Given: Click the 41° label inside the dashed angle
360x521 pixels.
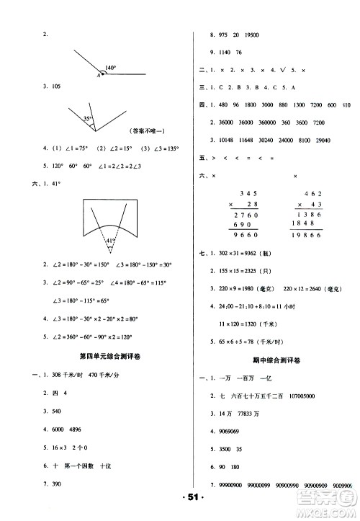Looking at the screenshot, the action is pyautogui.click(x=110, y=241).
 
